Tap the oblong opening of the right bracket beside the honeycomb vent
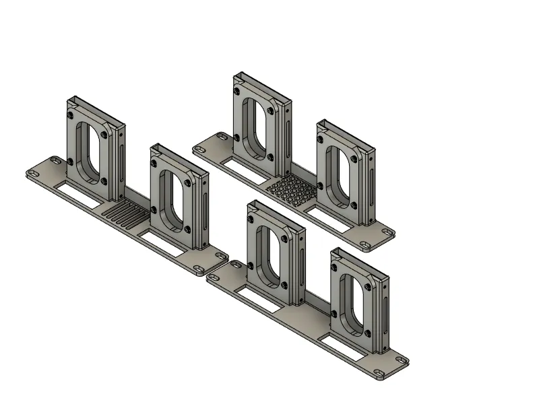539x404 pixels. pos(340,174)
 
